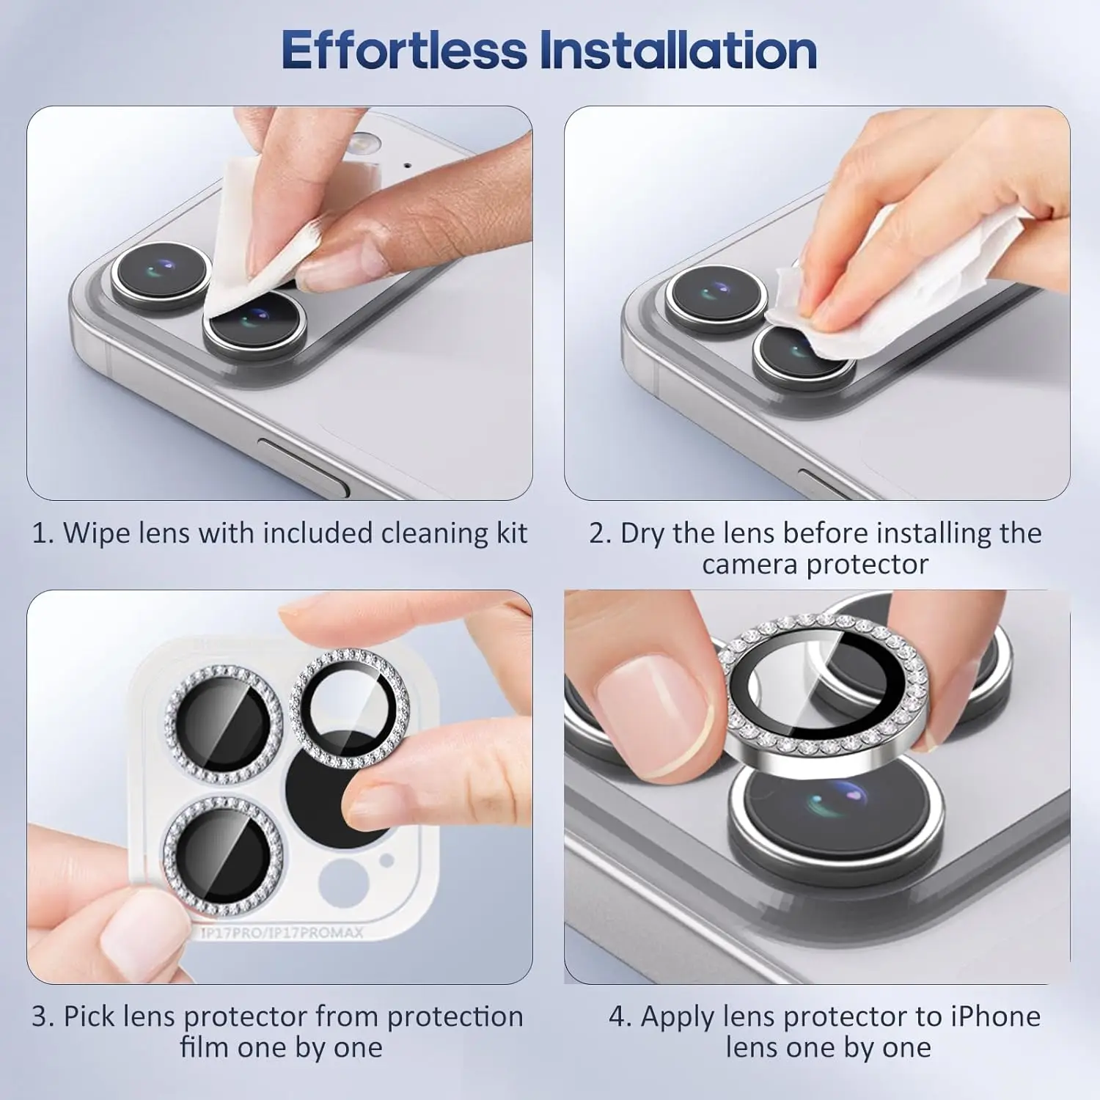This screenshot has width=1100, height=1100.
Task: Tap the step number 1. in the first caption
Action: [x=43, y=533]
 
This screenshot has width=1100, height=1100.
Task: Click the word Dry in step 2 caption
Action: [x=642, y=534]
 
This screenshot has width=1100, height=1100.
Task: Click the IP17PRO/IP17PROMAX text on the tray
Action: [x=282, y=933]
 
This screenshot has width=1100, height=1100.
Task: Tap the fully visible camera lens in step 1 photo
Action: [x=162, y=276]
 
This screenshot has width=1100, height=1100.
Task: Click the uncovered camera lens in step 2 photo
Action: [x=716, y=298]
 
